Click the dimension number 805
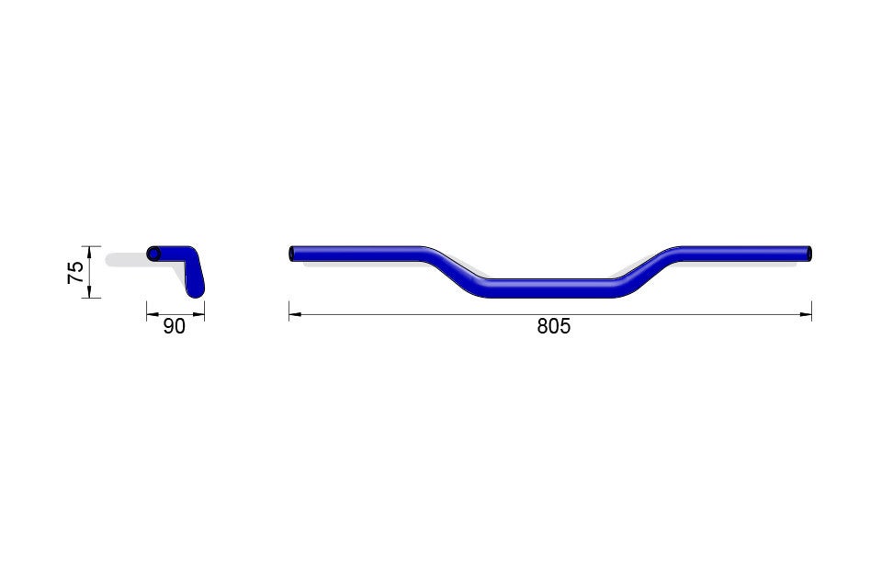[553, 326]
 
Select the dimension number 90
[174, 326]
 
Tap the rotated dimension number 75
[76, 272]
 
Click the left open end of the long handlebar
[292, 254]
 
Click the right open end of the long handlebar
[808, 254]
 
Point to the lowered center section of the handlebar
[551, 288]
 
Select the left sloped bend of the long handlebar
[452, 271]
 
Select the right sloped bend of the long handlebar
[647, 271]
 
